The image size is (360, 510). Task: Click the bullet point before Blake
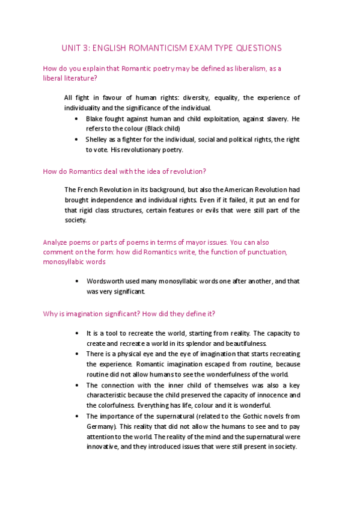(76, 118)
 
